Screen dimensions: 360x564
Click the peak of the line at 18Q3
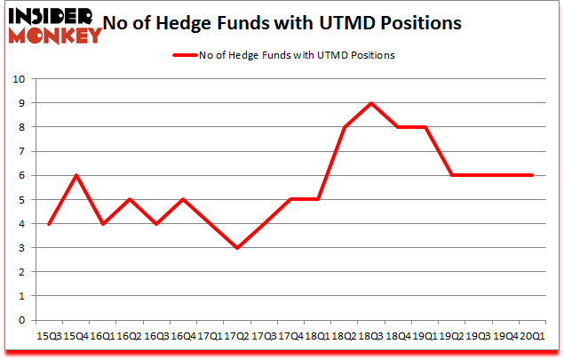pos(370,103)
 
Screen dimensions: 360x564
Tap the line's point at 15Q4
pos(76,175)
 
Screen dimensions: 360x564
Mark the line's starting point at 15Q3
pos(50,224)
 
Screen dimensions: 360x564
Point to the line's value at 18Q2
pos(344,127)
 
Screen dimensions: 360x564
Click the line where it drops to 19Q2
pos(452,175)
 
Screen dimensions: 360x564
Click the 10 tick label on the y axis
pos(17,79)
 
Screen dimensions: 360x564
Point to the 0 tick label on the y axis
pos(20,321)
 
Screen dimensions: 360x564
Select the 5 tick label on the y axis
pos(20,200)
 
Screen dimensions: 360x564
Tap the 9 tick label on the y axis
pos(20,103)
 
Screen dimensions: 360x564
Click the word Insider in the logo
pos(49,17)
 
